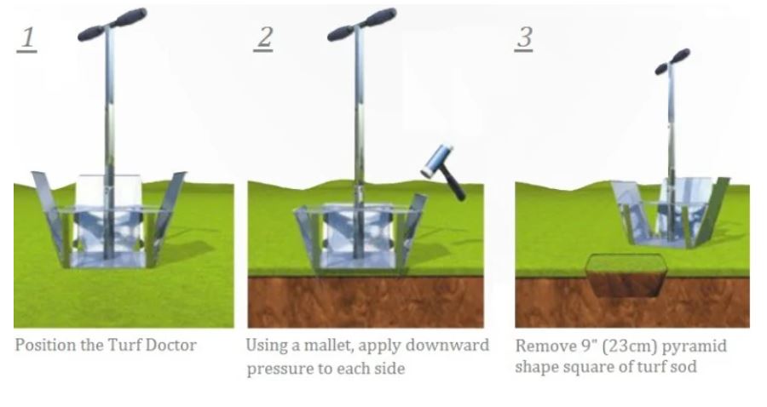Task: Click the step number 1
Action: click(27, 39)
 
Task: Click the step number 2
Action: click(263, 38)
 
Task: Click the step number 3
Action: click(524, 38)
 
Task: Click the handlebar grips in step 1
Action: click(112, 25)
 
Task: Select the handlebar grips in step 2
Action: click(361, 25)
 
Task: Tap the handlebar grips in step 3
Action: click(672, 61)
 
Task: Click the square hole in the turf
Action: click(626, 275)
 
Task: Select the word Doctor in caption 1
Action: click(170, 345)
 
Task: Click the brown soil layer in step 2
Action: click(366, 302)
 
